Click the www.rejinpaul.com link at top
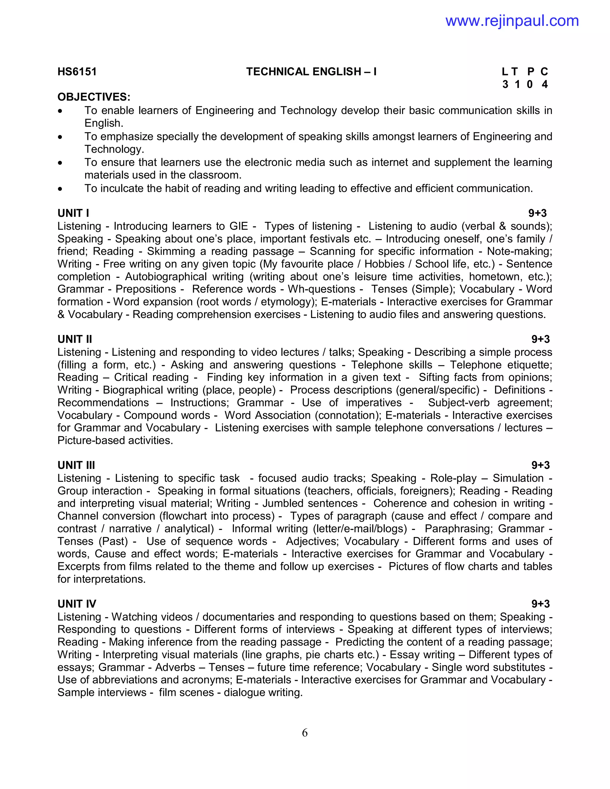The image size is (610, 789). (512, 21)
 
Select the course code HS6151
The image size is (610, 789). (77, 71)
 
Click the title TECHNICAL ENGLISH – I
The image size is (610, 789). (311, 71)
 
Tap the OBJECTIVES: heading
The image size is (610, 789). (94, 97)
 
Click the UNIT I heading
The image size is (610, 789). (73, 213)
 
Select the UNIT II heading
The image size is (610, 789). (75, 339)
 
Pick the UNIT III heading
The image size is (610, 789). (76, 465)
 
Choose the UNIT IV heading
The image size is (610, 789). (77, 604)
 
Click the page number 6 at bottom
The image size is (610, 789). (305, 733)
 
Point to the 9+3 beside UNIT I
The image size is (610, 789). (537, 213)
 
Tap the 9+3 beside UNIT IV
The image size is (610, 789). (540, 604)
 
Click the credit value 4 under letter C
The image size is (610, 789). (544, 84)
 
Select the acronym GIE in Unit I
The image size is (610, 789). (239, 226)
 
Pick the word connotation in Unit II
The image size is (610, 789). (348, 415)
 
